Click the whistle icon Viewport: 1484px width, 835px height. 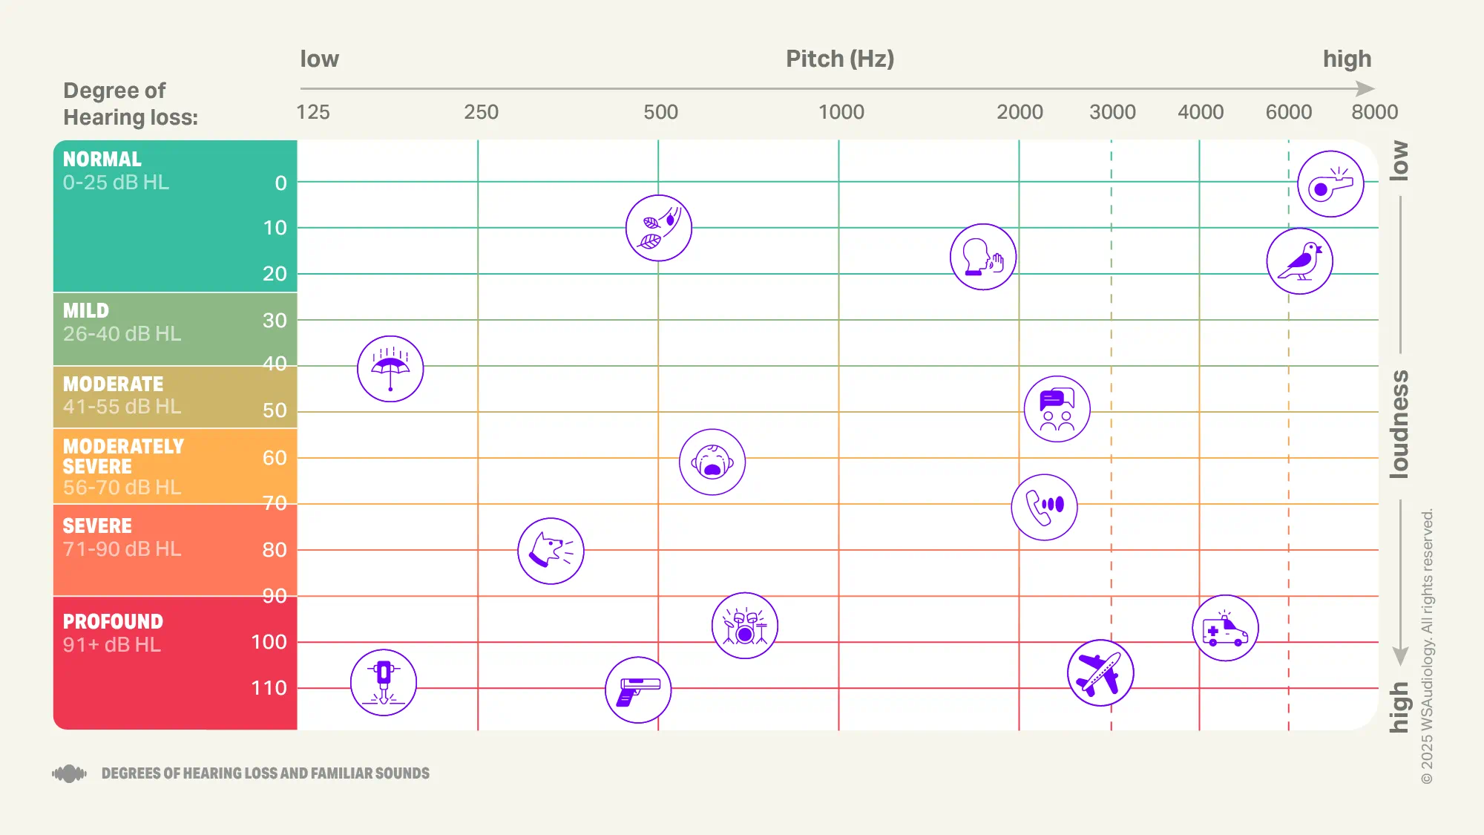[x=1330, y=184]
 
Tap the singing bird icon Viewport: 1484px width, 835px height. [x=1299, y=261]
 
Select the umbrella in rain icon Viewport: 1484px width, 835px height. [x=390, y=369]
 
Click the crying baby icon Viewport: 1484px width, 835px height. [x=712, y=462]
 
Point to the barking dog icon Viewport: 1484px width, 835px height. [x=551, y=551]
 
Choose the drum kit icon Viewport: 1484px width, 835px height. [x=744, y=626]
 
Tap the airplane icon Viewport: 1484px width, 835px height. [x=1100, y=672]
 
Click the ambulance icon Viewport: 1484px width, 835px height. [x=1225, y=628]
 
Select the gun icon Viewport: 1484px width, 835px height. [x=638, y=690]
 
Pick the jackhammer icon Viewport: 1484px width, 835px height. [x=384, y=682]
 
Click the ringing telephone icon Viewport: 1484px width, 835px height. [x=1044, y=507]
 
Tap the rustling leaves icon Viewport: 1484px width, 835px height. [x=659, y=228]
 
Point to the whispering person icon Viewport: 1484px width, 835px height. [x=983, y=257]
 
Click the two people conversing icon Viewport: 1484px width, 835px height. [x=1057, y=409]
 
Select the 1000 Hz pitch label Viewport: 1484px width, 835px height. [x=841, y=112]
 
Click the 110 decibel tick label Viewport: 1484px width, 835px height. [x=269, y=688]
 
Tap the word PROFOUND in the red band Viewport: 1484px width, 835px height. [x=113, y=621]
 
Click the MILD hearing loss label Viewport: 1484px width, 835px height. [x=86, y=310]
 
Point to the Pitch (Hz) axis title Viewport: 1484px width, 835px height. [x=840, y=59]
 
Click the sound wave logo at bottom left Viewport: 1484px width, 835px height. [x=69, y=773]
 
